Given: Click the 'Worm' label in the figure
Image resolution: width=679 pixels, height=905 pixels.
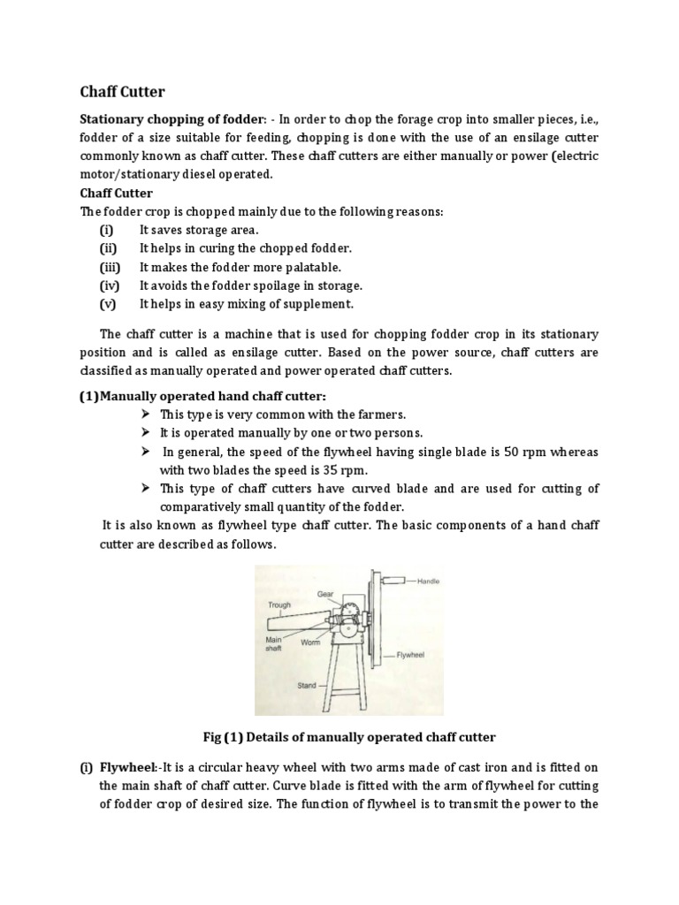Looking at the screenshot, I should [310, 643].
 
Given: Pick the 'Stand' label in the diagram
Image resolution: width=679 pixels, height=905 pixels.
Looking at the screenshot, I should [306, 685].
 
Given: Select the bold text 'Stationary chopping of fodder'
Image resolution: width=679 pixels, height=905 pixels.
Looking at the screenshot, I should [171, 119].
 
